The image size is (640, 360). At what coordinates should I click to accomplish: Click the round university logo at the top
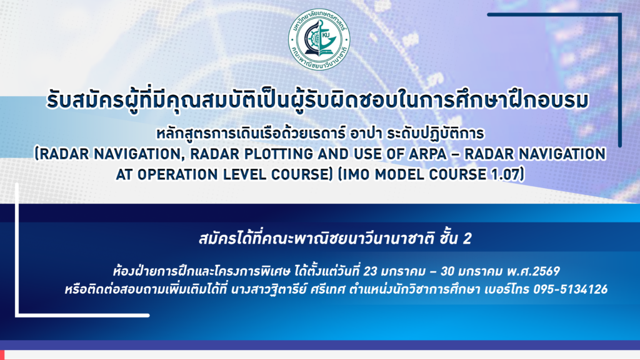tap(319, 39)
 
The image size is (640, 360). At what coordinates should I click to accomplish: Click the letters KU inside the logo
tap(326, 35)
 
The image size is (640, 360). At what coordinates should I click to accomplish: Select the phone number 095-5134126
tap(570, 289)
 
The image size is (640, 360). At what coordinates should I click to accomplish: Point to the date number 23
tap(370, 271)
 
